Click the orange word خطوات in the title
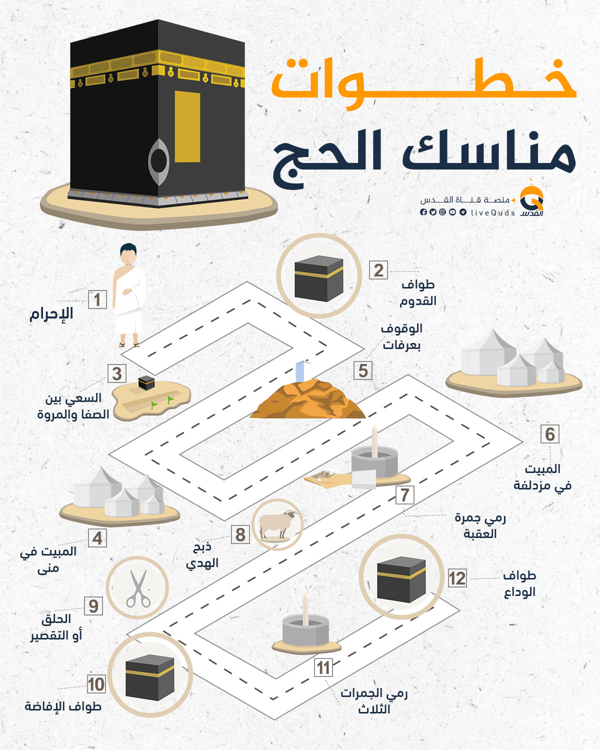[x=423, y=83]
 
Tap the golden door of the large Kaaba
[x=187, y=126]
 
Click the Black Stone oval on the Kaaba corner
[x=158, y=161]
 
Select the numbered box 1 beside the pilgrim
[x=97, y=299]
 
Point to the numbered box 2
[x=378, y=270]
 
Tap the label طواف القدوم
[x=417, y=293]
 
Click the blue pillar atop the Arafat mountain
[x=300, y=371]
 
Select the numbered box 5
[x=363, y=370]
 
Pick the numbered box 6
[x=550, y=434]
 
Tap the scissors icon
[x=138, y=588]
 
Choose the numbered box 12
[x=457, y=578]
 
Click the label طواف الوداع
[x=519, y=583]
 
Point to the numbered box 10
[x=96, y=684]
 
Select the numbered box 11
[x=323, y=667]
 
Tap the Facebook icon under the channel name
[x=423, y=212]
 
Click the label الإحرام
[x=51, y=313]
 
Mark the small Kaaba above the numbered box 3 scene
[x=146, y=382]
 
